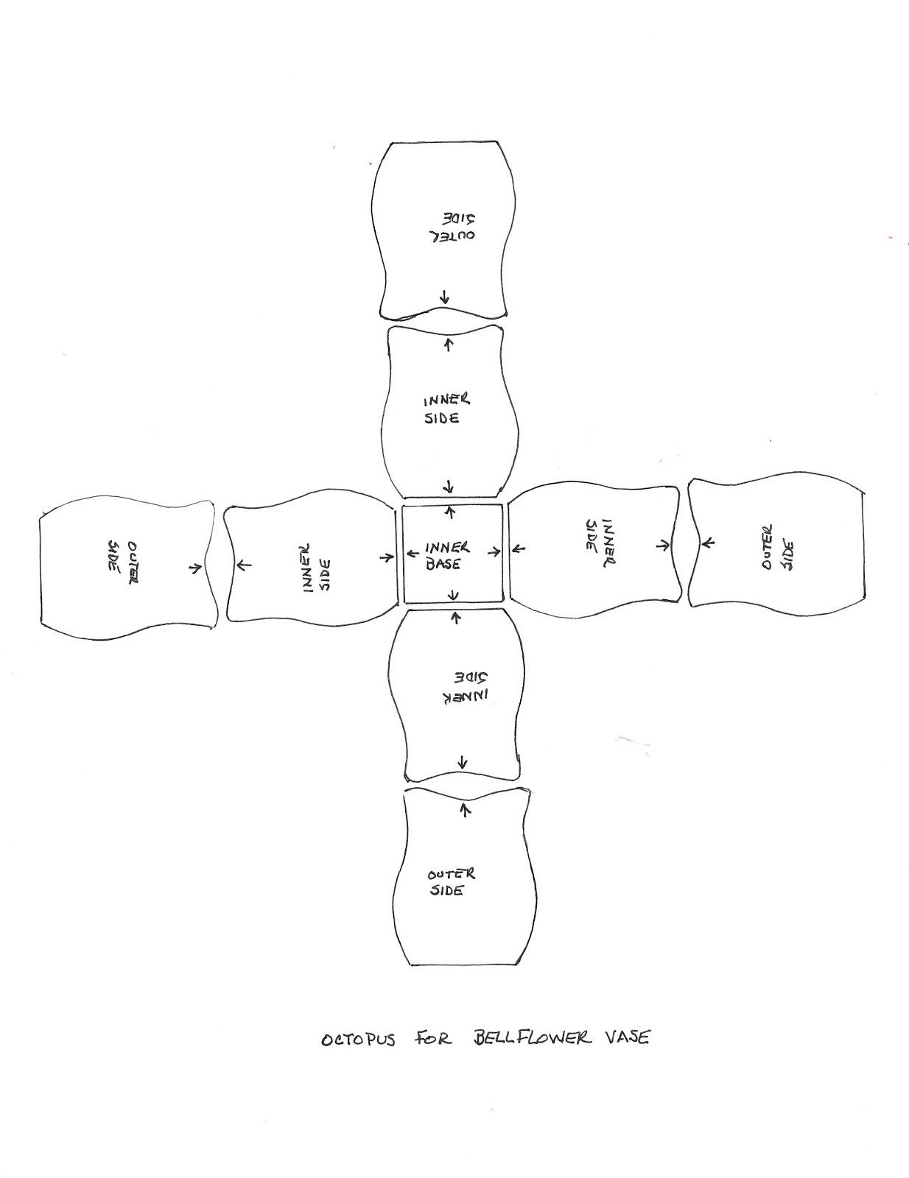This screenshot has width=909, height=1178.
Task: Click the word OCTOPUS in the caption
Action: (359, 1040)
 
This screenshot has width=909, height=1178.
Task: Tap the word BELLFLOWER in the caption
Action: (532, 1037)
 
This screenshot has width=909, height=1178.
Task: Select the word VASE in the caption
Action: (627, 1037)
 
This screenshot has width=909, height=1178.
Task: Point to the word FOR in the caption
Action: (433, 1038)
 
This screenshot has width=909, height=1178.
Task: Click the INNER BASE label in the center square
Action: (447, 556)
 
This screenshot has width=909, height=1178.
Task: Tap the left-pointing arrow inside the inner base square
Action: (413, 554)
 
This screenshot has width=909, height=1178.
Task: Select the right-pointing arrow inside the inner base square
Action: (494, 552)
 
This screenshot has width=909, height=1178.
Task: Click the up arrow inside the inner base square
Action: (449, 513)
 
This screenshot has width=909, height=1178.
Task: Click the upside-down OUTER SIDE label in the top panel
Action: (452, 228)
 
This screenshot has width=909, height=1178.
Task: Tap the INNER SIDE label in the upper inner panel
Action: (447, 409)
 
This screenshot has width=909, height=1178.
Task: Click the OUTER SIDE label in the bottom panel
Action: (452, 883)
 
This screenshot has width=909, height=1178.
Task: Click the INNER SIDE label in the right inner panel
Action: (600, 543)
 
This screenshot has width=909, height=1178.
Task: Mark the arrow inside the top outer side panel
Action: (445, 296)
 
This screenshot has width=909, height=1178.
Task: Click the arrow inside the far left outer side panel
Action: (195, 568)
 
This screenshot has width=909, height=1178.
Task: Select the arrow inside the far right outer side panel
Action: (708, 542)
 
